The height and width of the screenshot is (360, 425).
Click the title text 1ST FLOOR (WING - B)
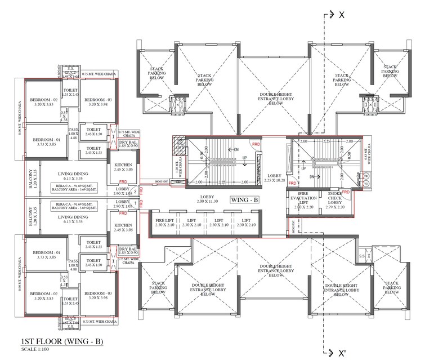click(x=62, y=342)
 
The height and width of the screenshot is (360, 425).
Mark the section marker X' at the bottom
click(x=341, y=353)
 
